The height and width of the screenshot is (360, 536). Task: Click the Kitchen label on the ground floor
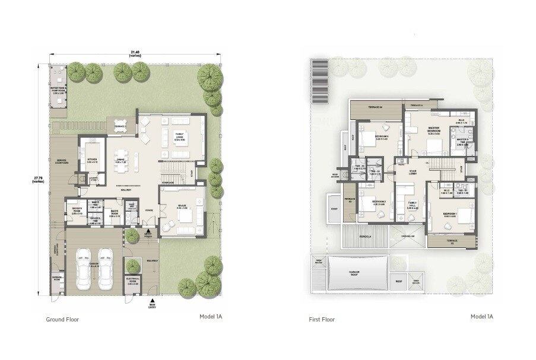pyautogui.click(x=93, y=160)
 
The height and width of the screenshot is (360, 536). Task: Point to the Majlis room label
pyautogui.click(x=182, y=208)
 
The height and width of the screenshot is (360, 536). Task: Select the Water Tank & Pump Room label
pyautogui.click(x=58, y=90)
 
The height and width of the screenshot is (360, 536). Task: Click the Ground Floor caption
pyautogui.click(x=62, y=319)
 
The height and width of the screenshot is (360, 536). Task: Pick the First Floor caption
pyautogui.click(x=322, y=319)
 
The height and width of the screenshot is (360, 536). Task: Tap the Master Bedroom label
pyautogui.click(x=434, y=132)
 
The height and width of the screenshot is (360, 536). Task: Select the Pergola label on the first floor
pyautogui.click(x=364, y=236)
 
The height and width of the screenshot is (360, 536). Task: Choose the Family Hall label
pyautogui.click(x=413, y=206)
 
